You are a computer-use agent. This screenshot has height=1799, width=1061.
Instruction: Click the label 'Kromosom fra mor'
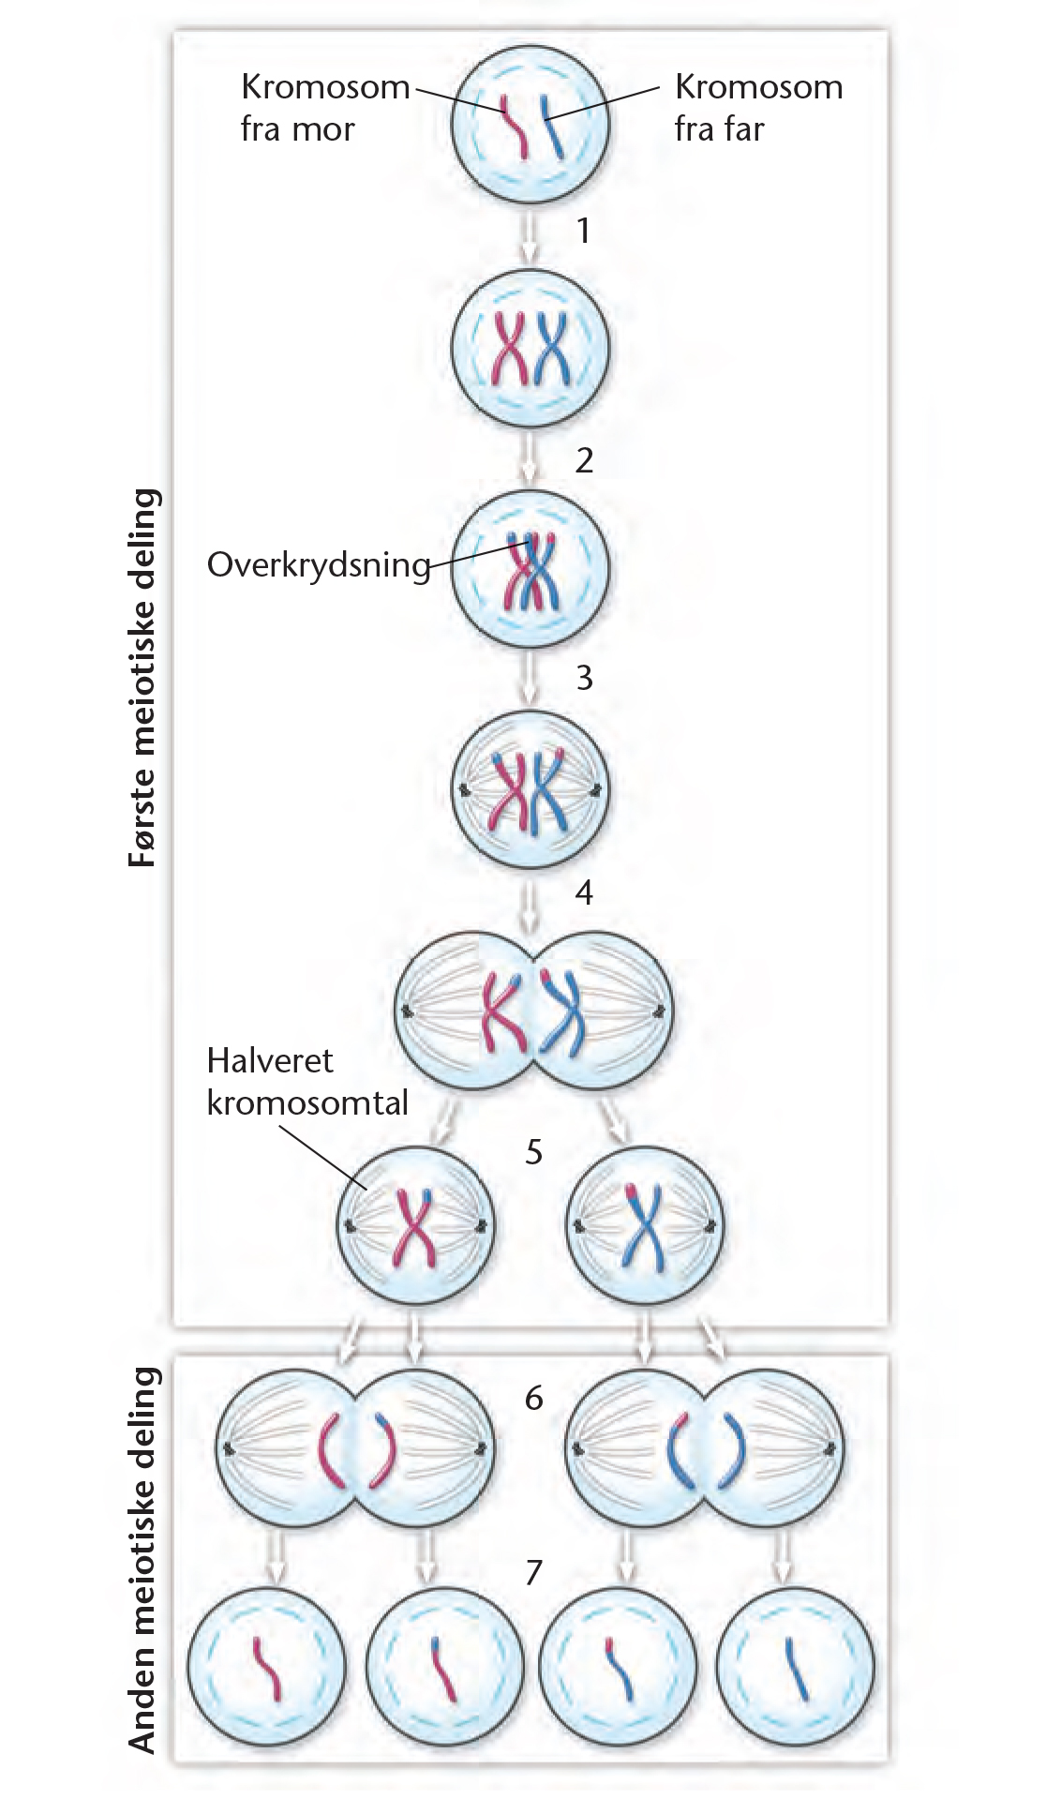tap(324, 108)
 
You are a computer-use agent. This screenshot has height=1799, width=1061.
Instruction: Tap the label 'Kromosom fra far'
tap(758, 108)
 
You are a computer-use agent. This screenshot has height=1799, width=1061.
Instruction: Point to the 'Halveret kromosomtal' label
tap(307, 1081)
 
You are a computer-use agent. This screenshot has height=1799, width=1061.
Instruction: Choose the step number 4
tap(583, 892)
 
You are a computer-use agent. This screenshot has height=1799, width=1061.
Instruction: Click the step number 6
tap(533, 1398)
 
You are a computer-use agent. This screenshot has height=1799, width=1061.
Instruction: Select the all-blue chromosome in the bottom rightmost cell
tap(798, 1669)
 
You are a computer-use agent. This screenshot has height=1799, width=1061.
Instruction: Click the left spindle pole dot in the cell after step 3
tap(464, 793)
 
